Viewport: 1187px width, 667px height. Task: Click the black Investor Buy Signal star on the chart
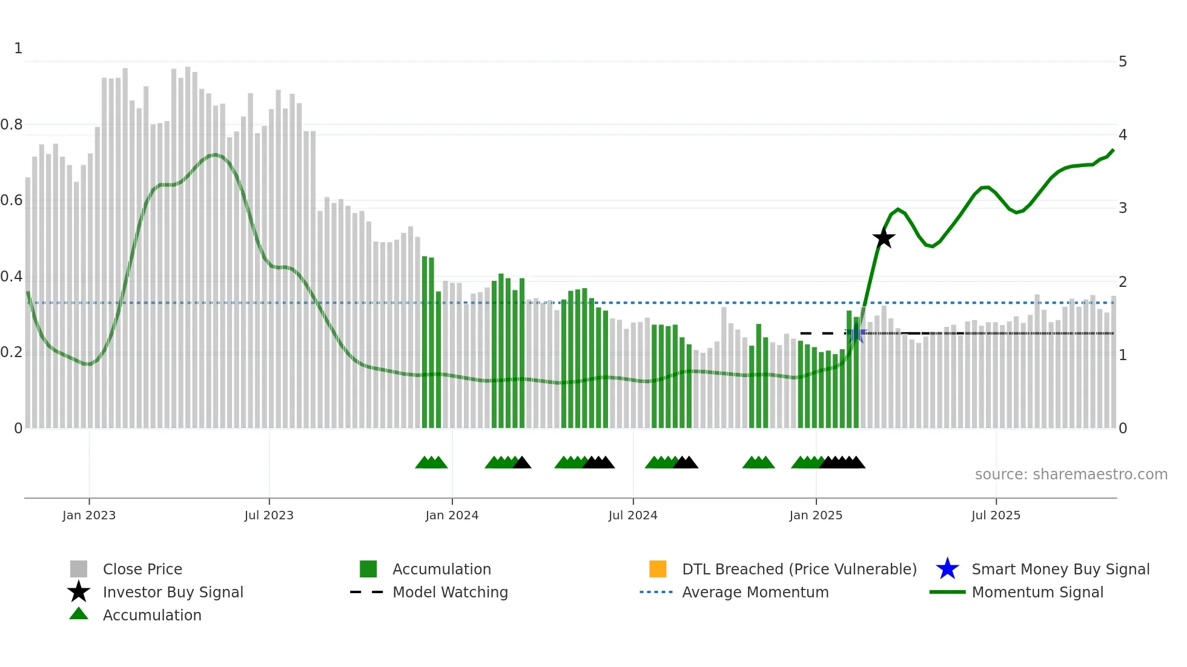click(884, 238)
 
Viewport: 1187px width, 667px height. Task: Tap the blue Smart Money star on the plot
click(856, 333)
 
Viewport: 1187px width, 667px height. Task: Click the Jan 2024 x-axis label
click(452, 515)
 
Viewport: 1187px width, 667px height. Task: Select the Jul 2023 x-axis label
click(269, 515)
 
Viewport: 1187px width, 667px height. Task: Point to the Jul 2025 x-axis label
click(996, 515)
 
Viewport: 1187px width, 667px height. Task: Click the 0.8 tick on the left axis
click(12, 125)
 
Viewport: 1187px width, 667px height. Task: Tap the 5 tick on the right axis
click(1123, 62)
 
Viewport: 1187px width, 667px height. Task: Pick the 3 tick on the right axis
click(1123, 208)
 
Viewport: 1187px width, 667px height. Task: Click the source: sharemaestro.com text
click(1071, 475)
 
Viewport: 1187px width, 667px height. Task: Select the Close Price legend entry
click(142, 569)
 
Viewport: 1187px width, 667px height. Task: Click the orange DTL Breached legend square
click(658, 569)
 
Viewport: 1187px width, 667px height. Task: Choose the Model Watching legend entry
click(450, 592)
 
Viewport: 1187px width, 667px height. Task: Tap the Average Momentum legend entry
click(755, 592)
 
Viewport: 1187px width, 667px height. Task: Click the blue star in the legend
click(947, 569)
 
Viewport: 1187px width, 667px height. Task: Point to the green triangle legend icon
click(79, 614)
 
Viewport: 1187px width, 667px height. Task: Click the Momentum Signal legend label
click(1037, 592)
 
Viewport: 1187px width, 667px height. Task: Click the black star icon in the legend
click(79, 592)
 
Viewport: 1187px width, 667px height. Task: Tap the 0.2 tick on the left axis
click(12, 352)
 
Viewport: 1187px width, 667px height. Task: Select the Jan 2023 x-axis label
click(89, 515)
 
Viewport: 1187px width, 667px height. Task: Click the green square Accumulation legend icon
click(368, 569)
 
